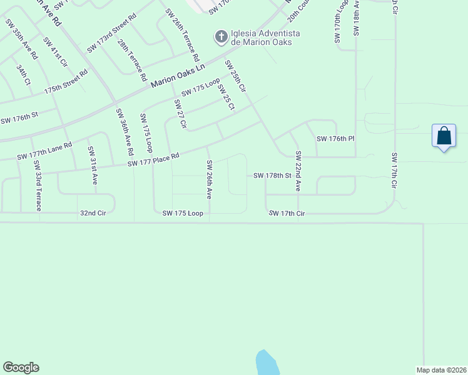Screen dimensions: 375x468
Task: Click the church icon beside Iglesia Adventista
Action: (221, 37)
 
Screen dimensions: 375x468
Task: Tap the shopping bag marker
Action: (444, 136)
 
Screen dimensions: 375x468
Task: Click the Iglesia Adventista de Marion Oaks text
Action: (265, 37)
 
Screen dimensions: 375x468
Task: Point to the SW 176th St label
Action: (19, 117)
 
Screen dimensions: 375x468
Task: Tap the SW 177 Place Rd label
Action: (153, 161)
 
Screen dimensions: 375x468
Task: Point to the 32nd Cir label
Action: (95, 213)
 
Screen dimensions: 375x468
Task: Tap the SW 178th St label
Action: (273, 176)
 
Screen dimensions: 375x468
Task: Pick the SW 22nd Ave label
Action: (298, 171)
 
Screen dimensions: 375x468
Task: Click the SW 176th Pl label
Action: (335, 139)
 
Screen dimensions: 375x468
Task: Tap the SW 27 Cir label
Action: (179, 114)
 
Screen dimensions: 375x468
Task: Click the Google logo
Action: (21, 367)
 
